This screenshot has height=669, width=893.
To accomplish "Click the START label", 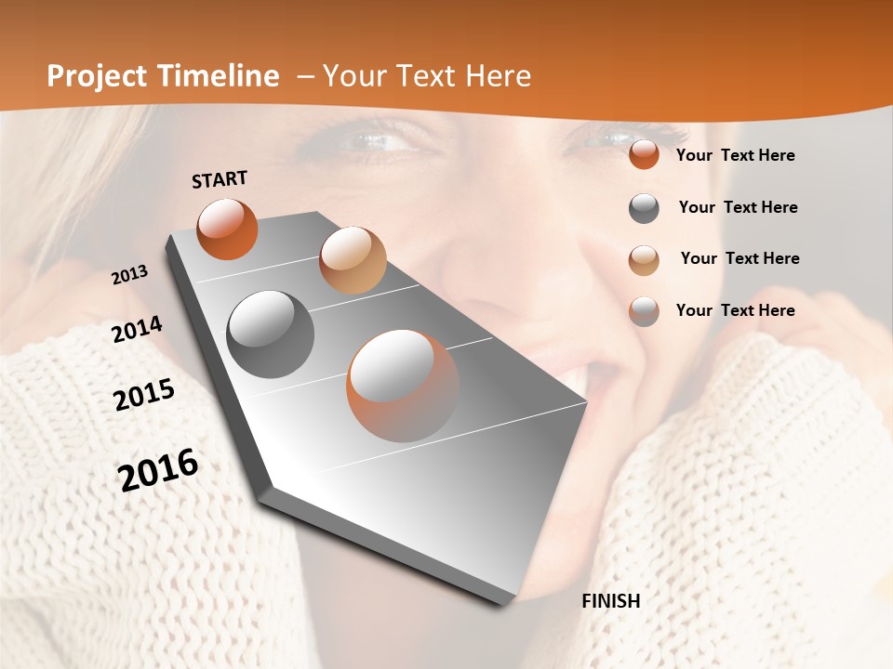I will (x=220, y=178).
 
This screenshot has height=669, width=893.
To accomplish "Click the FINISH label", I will (x=610, y=601).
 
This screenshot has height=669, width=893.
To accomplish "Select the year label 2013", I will (x=129, y=275).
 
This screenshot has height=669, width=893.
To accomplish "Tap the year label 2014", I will (x=137, y=330).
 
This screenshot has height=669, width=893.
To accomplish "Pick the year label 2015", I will (x=144, y=394).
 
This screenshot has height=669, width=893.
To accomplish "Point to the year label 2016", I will (x=158, y=470).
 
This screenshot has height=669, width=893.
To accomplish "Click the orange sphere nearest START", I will (x=227, y=229).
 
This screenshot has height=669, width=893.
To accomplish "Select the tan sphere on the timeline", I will (x=353, y=260).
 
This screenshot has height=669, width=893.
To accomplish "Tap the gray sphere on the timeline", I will (x=270, y=334).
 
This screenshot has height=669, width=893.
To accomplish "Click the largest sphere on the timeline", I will (x=403, y=386).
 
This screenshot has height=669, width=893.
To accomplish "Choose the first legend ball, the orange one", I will (x=644, y=155).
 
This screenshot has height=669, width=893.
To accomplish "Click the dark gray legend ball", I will (x=644, y=208).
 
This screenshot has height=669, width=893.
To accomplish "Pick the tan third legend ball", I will (x=644, y=259).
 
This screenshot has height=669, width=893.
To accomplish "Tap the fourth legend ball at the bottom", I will (x=644, y=311).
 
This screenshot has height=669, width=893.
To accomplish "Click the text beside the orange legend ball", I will (x=735, y=155).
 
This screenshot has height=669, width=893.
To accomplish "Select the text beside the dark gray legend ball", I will (x=738, y=207).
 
